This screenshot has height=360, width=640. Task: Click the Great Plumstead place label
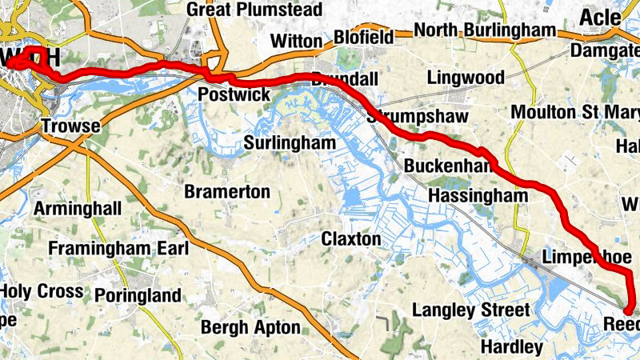point(254,10)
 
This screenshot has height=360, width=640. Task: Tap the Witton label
point(295,40)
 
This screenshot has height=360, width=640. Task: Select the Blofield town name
point(363,38)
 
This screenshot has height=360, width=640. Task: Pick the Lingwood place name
point(466,78)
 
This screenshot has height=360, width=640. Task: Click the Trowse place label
point(70,126)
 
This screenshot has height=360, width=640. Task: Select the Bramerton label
point(226,192)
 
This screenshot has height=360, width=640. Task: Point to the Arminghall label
point(78,209)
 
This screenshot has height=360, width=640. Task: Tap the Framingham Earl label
point(118,249)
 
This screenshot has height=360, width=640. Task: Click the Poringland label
point(138,296)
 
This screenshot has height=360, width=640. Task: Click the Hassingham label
point(478,196)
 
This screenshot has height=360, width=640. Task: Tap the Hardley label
point(511,347)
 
